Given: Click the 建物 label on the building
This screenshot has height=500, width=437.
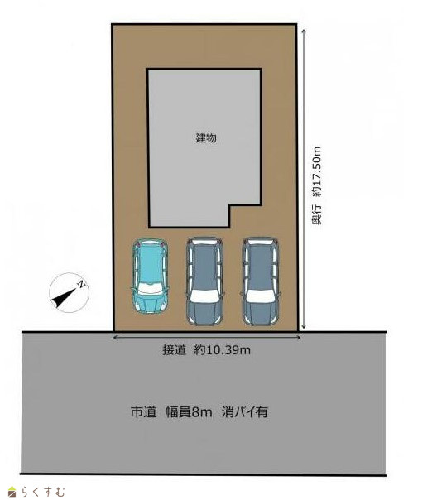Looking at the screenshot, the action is [206, 137].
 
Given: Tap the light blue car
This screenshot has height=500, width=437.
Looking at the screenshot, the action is [150, 276].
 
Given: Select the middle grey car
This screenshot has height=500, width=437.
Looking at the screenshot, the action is [205, 281].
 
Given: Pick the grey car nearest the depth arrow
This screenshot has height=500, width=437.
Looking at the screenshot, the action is [261, 281].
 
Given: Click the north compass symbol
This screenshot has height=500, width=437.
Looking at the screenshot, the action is [70, 292].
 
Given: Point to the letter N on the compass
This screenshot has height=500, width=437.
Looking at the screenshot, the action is [82, 284].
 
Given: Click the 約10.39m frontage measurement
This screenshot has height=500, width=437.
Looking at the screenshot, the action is [222, 350].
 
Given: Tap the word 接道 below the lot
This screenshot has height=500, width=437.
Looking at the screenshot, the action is [174, 350].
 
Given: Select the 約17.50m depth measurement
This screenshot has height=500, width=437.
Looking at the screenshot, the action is [316, 171].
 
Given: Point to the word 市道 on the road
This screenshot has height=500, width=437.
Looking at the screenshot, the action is [143, 411].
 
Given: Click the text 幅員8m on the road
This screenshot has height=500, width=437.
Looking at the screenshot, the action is [189, 411].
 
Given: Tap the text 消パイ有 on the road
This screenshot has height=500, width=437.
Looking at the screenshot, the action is [245, 411].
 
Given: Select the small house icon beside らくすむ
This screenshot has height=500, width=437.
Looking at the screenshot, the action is [12, 492].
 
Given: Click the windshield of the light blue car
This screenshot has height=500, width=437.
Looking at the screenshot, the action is [150, 289].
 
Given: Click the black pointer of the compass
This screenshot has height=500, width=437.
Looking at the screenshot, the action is [64, 297].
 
